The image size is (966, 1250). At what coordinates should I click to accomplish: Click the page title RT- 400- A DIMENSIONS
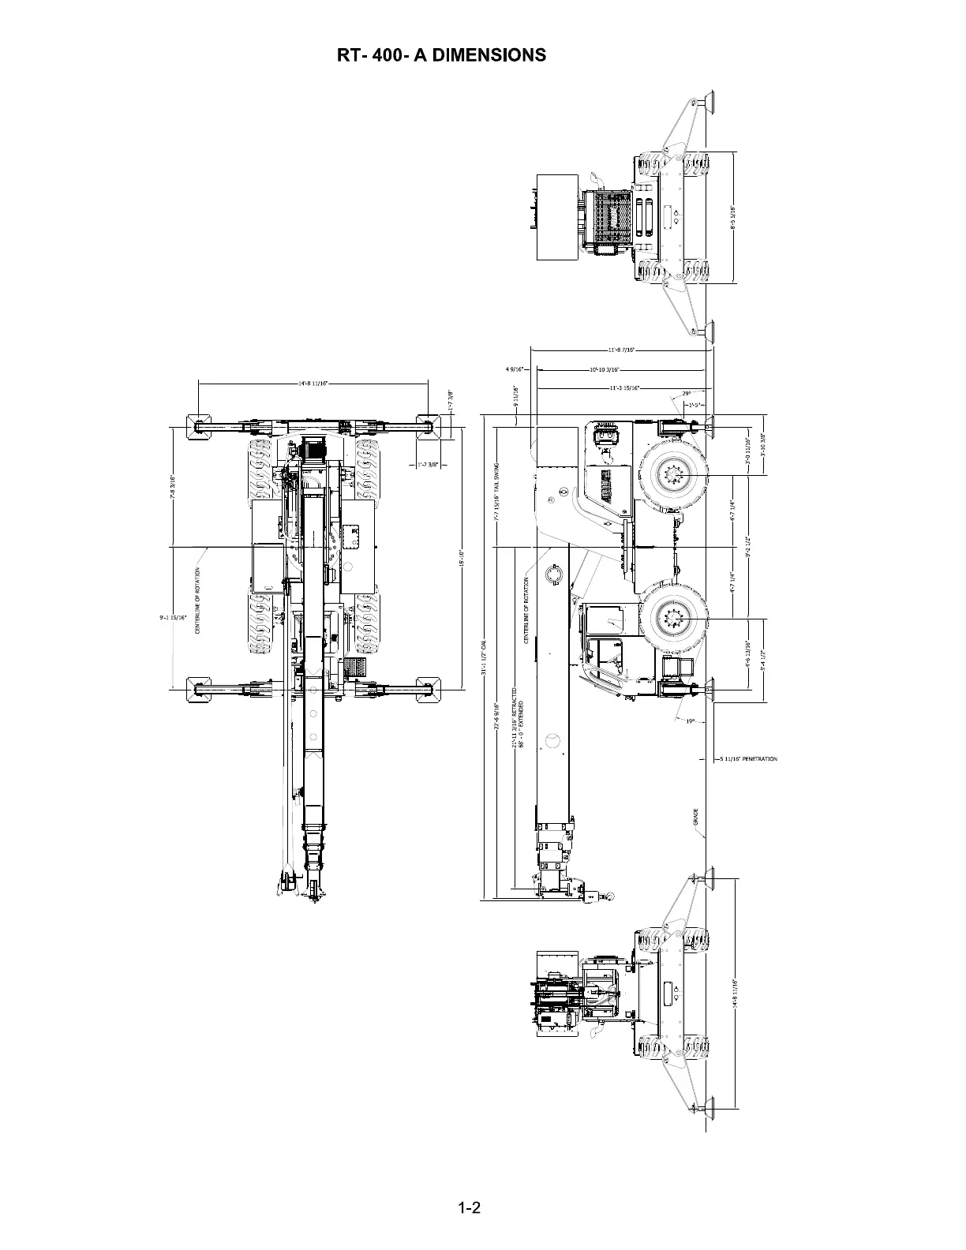click(x=441, y=54)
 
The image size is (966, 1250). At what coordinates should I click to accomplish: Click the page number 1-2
click(x=470, y=1208)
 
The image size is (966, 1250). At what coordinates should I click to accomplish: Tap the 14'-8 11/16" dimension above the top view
click(x=313, y=384)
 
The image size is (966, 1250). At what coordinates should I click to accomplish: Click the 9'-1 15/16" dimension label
click(x=173, y=617)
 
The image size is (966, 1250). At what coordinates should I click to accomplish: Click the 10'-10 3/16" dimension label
click(x=605, y=369)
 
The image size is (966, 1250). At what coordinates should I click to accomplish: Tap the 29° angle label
click(x=686, y=393)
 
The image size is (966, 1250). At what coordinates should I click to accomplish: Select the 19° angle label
click(x=690, y=720)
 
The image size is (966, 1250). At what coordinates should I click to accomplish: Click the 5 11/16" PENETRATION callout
click(x=748, y=759)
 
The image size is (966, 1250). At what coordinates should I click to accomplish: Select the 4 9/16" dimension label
click(x=515, y=369)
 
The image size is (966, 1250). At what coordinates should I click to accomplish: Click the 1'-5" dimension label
click(x=695, y=405)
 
